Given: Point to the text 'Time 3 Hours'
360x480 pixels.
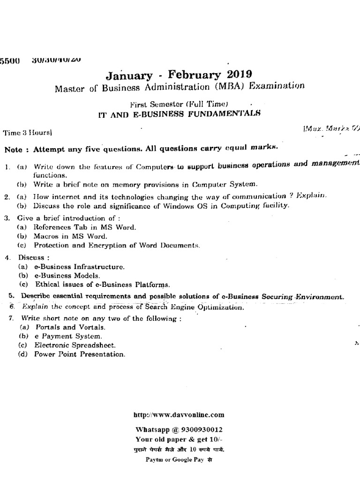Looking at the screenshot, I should (28, 133).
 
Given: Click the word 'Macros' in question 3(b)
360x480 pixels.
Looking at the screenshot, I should (49, 236).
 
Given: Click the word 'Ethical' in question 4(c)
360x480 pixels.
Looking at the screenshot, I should (46, 284).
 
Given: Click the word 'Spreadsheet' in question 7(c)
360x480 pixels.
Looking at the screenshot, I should (96, 345).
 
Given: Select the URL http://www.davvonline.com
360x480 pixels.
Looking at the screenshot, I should (179, 414).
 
